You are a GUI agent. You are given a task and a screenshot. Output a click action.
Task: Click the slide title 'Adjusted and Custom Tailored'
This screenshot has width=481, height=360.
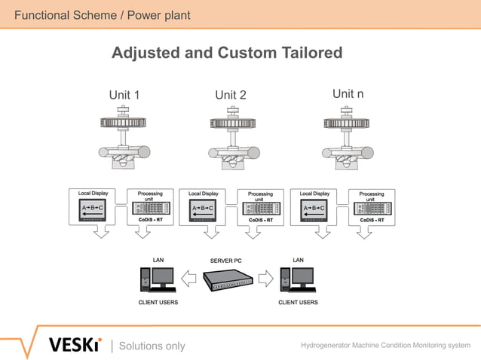(227, 53)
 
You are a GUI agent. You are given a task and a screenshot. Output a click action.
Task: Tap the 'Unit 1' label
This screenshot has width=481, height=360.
(124, 95)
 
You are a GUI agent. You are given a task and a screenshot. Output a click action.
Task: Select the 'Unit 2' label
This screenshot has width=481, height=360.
(231, 95)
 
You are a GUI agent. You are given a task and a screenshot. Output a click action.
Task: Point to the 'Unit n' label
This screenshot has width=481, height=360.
(348, 94)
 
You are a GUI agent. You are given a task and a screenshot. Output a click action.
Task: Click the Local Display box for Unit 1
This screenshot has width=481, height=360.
(94, 207)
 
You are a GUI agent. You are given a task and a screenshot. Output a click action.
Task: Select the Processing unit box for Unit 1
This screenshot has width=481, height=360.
(150, 207)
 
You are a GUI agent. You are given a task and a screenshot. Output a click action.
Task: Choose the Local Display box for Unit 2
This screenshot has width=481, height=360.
(204, 207)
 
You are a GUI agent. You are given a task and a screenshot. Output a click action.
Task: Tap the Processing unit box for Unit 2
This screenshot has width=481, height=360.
(261, 207)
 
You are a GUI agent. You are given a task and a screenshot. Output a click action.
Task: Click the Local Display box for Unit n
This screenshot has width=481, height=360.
(315, 207)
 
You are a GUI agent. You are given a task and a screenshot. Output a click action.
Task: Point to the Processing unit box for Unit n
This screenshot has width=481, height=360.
(371, 207)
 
